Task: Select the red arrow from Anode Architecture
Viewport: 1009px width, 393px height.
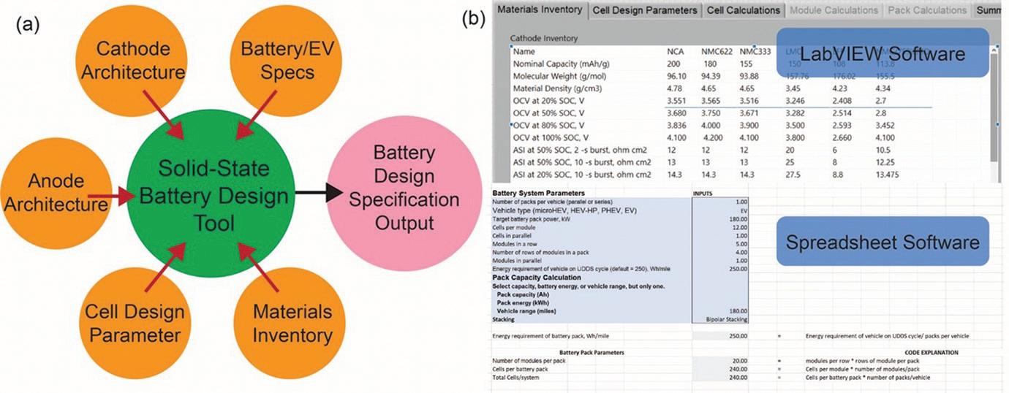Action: (x=110, y=196)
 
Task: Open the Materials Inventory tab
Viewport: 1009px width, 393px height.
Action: (x=540, y=9)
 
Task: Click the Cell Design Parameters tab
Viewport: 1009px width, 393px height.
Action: (x=644, y=10)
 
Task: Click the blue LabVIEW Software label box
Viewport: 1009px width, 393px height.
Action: (x=882, y=53)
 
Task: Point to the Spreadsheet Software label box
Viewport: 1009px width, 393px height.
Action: (x=882, y=240)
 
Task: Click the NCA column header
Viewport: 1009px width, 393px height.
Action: (x=676, y=52)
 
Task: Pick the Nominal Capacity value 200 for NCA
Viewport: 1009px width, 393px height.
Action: (x=674, y=65)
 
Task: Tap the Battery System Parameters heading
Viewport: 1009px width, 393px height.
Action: (x=539, y=192)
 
